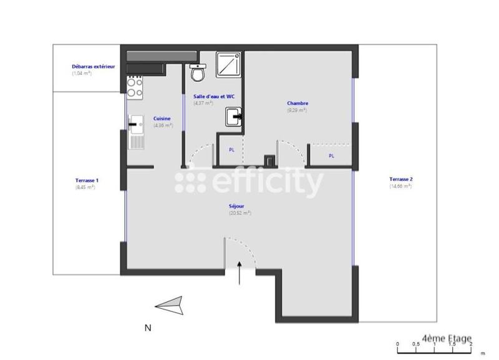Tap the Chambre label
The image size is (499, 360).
point(298,104)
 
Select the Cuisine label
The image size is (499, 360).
point(162,119)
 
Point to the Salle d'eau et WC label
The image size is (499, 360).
point(214,97)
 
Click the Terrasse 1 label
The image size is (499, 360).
point(87,180)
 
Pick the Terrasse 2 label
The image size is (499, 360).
point(401,179)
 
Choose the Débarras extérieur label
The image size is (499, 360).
point(94,66)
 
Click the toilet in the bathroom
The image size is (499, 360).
point(198,73)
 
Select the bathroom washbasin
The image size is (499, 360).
point(234,116)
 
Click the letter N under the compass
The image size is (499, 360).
point(148,327)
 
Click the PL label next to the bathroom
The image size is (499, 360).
point(232,150)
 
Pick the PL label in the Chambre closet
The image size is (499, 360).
point(331,156)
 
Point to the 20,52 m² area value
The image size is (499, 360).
point(240,213)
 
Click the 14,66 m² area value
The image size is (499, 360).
point(400,186)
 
